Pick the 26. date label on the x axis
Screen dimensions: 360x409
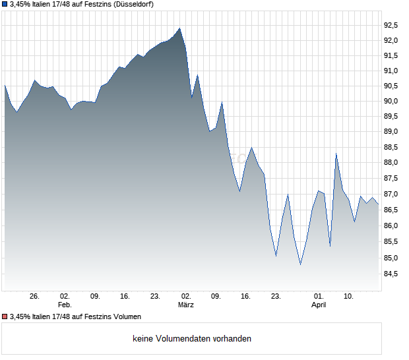click(35, 296)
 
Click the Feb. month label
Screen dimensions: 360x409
click(64, 305)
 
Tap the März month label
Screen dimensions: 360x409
click(185, 305)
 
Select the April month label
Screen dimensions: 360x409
click(319, 305)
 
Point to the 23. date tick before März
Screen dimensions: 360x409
click(156, 296)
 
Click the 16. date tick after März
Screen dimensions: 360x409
click(246, 296)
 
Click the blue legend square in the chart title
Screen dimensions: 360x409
click(5, 4)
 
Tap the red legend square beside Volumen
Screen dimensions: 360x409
click(5, 316)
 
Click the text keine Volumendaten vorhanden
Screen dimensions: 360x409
click(192, 339)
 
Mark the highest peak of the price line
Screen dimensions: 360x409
click(179, 28)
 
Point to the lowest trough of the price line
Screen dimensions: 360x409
click(300, 264)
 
